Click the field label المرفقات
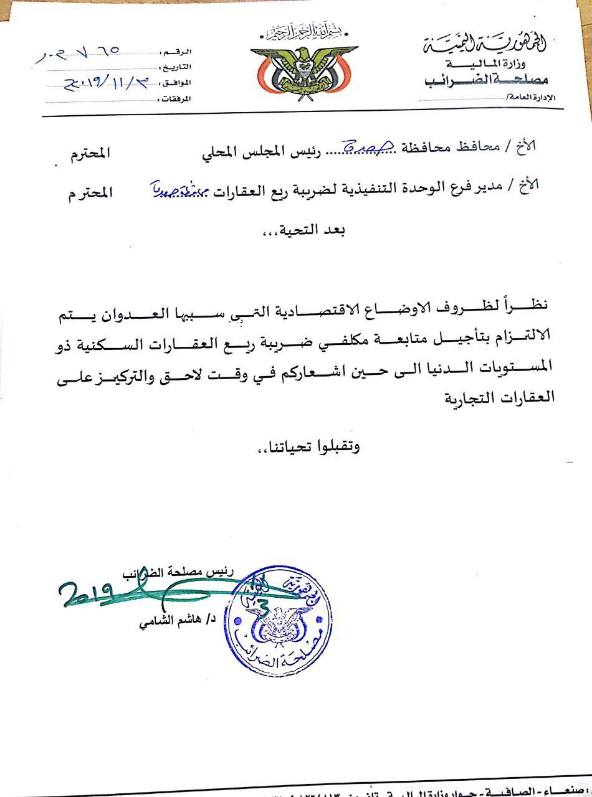point(176,98)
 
